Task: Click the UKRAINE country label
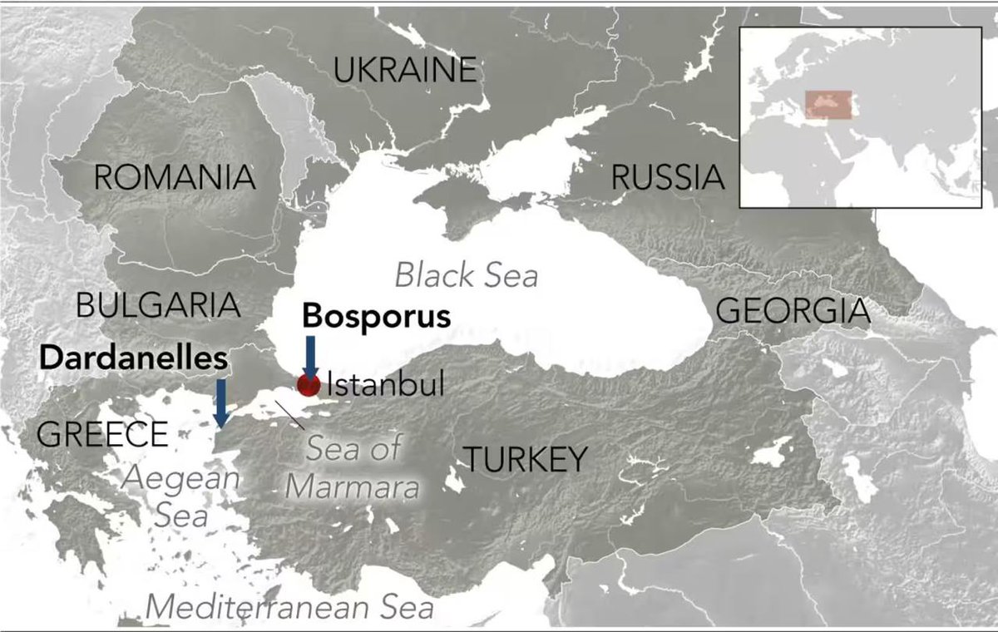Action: [405, 70]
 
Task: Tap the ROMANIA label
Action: [175, 177]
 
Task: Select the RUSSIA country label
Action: [668, 177]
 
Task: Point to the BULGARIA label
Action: [158, 305]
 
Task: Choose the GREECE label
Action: [102, 434]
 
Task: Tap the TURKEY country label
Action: [525, 458]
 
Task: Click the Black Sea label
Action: [467, 275]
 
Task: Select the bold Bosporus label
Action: [376, 316]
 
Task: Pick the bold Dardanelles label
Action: [133, 358]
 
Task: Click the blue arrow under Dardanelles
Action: [222, 402]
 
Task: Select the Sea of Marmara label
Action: [353, 467]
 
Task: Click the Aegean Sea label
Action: [181, 496]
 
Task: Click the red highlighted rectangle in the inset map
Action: [828, 104]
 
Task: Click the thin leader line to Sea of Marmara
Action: [289, 413]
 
